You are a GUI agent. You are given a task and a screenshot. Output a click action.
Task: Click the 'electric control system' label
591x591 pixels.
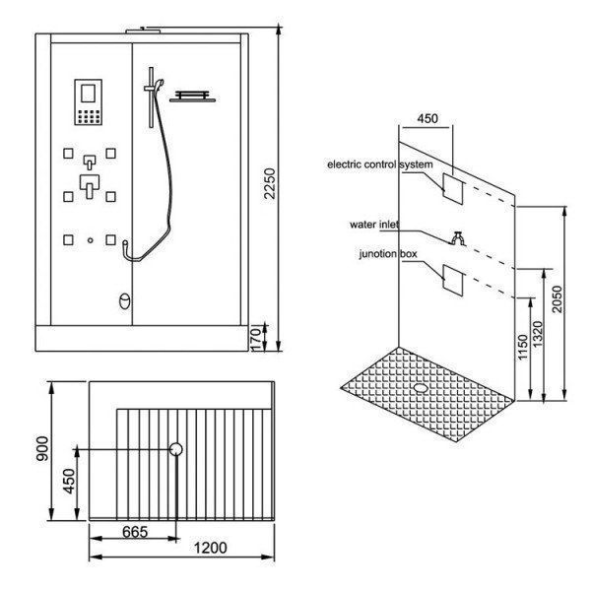[x=379, y=165]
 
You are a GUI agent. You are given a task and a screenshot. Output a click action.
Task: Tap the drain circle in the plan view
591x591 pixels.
[x=177, y=450]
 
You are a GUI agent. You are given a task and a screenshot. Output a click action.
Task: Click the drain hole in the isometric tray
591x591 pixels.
[x=425, y=386]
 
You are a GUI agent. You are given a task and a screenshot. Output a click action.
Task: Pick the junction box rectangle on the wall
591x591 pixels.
[x=452, y=280]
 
